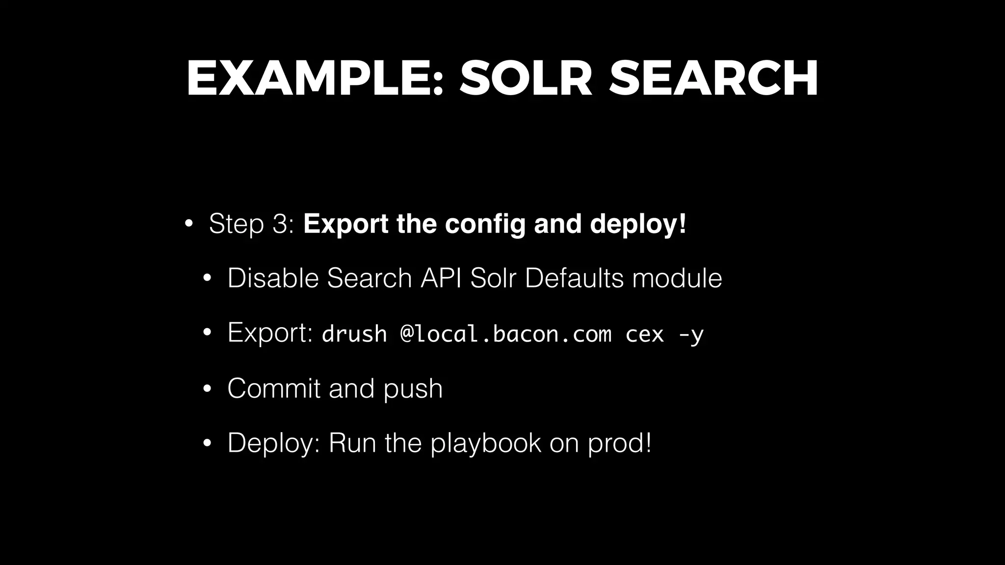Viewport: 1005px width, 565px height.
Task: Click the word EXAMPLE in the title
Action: pos(314,78)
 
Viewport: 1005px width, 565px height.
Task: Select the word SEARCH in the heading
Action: pos(714,78)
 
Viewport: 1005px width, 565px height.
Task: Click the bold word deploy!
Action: pos(638,224)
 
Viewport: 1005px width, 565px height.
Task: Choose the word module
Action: pos(677,278)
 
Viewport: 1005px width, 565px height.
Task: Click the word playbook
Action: pos(486,443)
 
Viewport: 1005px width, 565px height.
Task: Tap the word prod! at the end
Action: pos(620,443)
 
